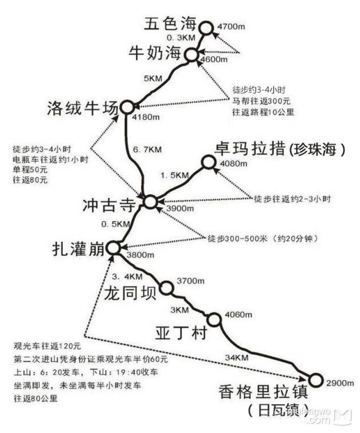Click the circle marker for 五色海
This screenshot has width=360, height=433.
[x=206, y=28]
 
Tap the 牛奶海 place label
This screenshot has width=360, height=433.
[x=155, y=53]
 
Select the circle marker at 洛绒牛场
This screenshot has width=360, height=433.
[x=127, y=107]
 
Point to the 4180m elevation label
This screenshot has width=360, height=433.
[x=146, y=117]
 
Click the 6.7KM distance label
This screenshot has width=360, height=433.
[x=147, y=150]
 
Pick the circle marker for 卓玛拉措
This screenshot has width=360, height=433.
[x=209, y=162]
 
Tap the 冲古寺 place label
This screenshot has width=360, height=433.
[x=109, y=205]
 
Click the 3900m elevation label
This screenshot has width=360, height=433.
[x=180, y=208]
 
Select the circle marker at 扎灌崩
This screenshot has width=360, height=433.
[x=113, y=248]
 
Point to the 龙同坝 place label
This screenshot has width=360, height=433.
[x=130, y=293]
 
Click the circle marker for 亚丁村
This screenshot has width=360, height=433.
[x=214, y=320]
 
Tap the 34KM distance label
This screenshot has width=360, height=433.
[x=237, y=358]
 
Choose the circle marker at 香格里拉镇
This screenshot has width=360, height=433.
[x=315, y=380]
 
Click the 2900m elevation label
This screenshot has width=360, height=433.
[x=340, y=383]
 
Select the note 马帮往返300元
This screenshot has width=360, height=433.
[x=261, y=101]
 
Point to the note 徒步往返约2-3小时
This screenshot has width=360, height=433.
[x=292, y=199]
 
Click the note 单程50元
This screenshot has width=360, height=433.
[x=30, y=169]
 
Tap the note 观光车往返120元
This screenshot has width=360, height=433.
[x=47, y=346]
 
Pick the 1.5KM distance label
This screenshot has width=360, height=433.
[x=175, y=175]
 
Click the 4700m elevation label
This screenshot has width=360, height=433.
[x=231, y=26]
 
